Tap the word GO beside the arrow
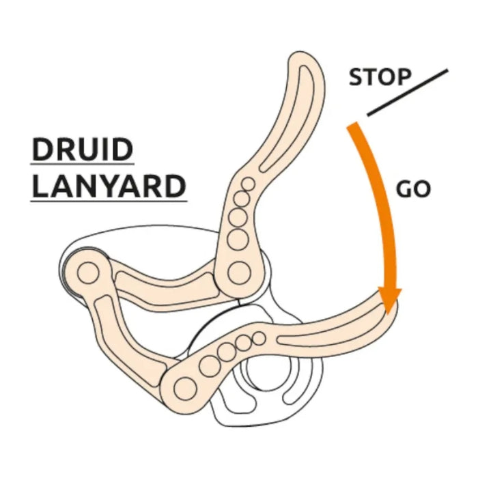point(414,189)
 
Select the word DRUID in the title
point(82,150)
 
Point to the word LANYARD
point(109,186)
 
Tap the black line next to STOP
point(408,92)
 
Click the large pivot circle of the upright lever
point(238,272)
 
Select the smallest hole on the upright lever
point(249,182)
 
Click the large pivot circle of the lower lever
point(184,389)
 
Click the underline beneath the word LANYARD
point(109,201)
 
